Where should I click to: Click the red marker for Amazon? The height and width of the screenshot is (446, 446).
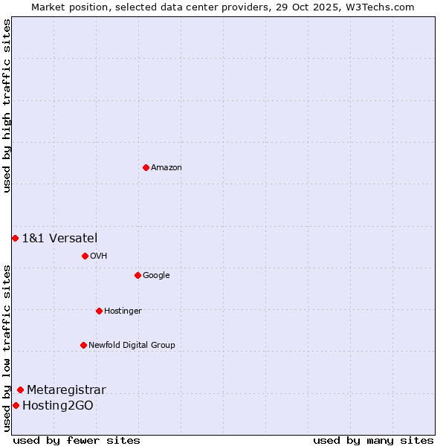[146, 167]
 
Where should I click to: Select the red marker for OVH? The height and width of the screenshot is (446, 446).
[85, 256]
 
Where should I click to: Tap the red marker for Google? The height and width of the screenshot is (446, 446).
[138, 275]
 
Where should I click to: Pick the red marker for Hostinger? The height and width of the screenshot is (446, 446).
[99, 311]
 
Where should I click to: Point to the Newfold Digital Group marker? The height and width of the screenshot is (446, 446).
[83, 345]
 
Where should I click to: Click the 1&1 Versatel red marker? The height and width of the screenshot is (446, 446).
[15, 238]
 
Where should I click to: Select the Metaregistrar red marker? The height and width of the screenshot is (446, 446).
[20, 390]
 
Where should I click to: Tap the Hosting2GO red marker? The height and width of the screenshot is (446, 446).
[16, 405]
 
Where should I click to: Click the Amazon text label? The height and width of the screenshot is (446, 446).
[167, 168]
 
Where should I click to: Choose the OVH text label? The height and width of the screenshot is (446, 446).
[99, 256]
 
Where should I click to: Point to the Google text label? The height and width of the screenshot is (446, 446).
[156, 276]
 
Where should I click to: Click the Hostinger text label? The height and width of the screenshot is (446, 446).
[123, 311]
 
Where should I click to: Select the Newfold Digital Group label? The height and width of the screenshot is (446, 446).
[132, 346]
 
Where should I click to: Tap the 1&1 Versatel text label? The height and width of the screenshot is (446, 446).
[59, 238]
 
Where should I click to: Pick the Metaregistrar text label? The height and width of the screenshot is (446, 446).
[66, 390]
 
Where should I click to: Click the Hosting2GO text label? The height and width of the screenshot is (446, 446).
[58, 405]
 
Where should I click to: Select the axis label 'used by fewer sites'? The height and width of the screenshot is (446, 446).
[77, 440]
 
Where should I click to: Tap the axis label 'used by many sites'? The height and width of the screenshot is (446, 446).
[373, 440]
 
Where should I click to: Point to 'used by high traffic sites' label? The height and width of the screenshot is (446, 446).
[7, 106]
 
